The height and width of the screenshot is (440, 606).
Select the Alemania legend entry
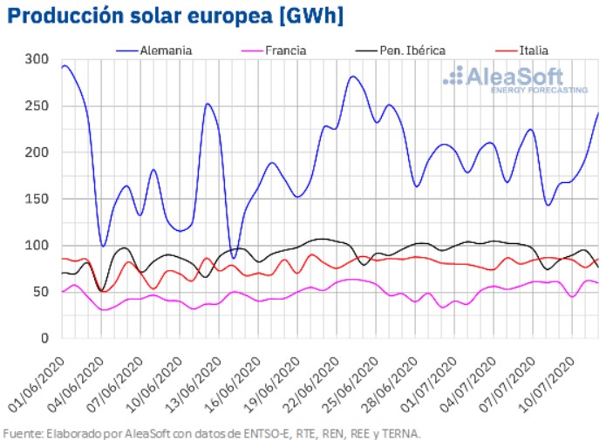click(x=165, y=50)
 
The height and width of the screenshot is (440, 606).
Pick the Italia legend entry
click(x=533, y=50)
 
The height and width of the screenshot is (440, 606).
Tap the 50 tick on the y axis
click(x=40, y=291)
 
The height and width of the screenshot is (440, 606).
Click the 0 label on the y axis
click(x=44, y=338)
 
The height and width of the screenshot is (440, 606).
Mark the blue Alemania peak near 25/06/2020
click(x=352, y=77)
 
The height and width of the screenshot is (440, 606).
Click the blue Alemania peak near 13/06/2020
click(x=207, y=104)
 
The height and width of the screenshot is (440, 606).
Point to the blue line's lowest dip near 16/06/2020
click(x=233, y=258)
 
